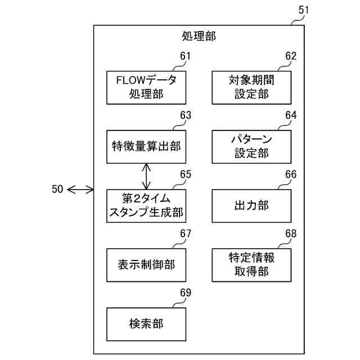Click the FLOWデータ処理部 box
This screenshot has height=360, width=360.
coord(146,87)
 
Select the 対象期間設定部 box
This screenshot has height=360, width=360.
coord(251,87)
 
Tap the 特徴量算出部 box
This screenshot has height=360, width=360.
coord(146,146)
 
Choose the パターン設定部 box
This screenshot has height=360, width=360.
coord(251,146)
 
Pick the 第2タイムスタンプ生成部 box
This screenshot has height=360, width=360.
coord(146,205)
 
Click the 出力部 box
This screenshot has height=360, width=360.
coord(251,205)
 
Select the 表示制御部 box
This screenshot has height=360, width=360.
coord(146,264)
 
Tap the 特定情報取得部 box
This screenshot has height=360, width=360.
coord(251,264)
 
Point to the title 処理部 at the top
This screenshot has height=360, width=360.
coord(199,37)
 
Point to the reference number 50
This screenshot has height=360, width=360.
coord(57,190)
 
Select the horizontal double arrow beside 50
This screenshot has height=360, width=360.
coord(80,190)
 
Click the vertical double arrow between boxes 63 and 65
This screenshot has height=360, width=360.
coord(146,176)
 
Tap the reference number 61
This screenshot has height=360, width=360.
coord(185,56)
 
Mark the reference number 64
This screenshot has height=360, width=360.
coord(290,115)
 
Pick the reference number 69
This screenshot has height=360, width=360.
coord(185,292)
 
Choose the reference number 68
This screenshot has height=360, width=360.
coord(290,233)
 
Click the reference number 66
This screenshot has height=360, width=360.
coord(290,174)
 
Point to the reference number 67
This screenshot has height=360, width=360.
coord(185,233)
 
